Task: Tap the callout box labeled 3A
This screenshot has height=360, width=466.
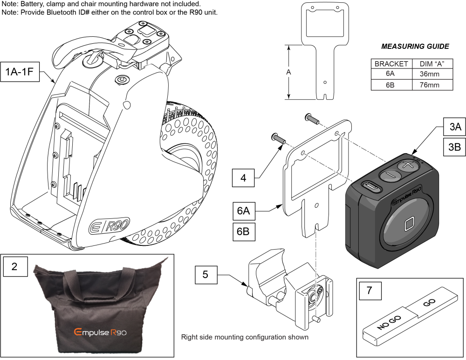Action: tap(451, 127)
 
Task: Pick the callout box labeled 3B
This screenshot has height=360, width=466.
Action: tap(451, 147)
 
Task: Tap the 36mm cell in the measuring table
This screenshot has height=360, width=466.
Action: tap(426, 74)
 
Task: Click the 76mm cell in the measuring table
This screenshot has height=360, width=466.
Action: tap(426, 84)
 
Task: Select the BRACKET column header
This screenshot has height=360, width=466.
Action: tap(391, 64)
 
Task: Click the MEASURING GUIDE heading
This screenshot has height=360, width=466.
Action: tap(415, 47)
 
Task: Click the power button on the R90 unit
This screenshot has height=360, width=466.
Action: tap(122, 80)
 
